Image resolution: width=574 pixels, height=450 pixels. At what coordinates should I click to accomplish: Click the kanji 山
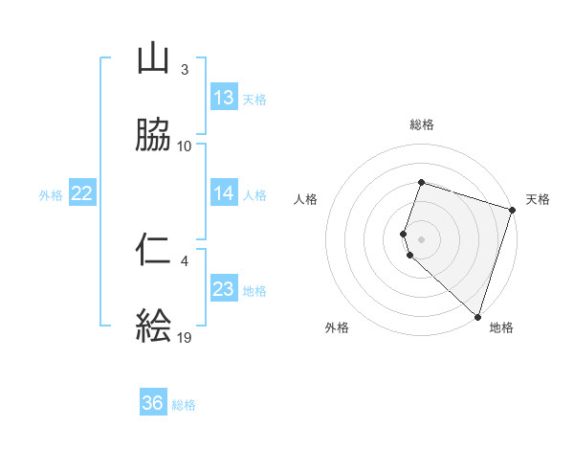click(154, 58)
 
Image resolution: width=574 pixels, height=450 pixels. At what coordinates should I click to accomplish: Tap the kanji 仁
click(154, 250)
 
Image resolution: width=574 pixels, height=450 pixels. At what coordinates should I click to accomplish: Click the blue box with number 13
click(223, 98)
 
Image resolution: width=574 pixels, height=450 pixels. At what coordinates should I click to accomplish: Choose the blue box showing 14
click(223, 193)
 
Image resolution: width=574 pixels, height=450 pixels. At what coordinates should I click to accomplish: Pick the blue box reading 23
click(223, 289)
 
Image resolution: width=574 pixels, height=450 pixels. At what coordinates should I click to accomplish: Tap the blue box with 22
click(81, 193)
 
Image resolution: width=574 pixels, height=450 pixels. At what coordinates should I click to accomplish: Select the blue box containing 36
click(153, 403)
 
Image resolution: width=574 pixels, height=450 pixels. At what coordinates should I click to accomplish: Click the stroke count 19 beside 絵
click(186, 338)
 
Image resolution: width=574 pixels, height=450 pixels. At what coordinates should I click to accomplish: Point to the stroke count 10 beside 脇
click(185, 146)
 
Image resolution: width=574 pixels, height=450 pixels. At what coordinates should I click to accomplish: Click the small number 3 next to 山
click(185, 70)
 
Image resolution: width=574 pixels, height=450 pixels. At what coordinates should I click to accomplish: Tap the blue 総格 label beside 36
click(184, 405)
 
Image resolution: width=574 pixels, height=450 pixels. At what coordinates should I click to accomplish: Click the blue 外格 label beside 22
click(51, 195)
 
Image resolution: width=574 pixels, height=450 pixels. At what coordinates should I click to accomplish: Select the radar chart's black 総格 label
click(422, 124)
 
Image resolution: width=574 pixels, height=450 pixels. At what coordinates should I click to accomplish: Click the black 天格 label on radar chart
click(538, 199)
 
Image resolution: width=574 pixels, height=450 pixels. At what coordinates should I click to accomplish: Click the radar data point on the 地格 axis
click(477, 316)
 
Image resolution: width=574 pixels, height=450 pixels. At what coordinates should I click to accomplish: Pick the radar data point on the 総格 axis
click(422, 183)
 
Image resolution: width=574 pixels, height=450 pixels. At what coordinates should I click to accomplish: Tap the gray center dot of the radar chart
click(422, 238)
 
